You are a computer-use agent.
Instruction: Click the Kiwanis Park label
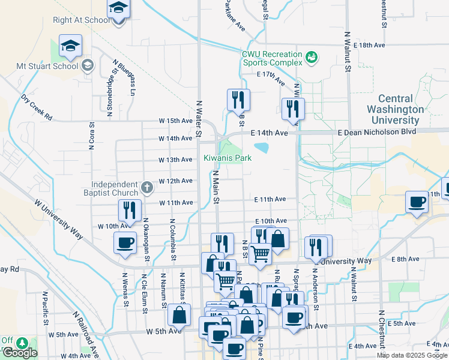pyautogui.click(x=227, y=158)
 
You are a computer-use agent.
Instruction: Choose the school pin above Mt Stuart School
pyautogui.click(x=70, y=47)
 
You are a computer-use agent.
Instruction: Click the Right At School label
pyautogui.click(x=82, y=20)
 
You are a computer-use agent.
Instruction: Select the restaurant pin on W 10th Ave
pyautogui.click(x=130, y=210)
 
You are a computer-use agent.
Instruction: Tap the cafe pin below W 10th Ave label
pyautogui.click(x=125, y=243)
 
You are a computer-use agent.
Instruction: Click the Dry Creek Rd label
pyautogui.click(x=36, y=106)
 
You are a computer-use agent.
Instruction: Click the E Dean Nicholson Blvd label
pyautogui.click(x=376, y=132)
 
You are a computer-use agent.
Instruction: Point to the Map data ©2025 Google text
pyautogui.click(x=411, y=355)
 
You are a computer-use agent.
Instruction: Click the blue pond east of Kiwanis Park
pyautogui.click(x=262, y=147)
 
